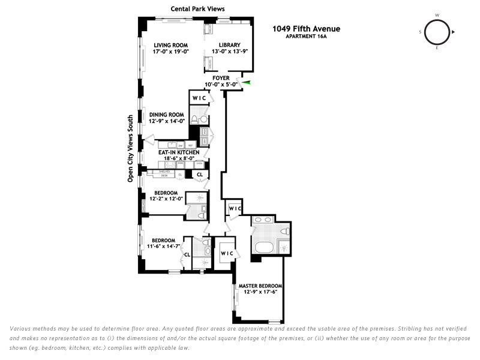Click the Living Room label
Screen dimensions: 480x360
point(171,45)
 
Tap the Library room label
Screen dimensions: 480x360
point(229,45)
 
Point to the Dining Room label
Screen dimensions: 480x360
point(166,115)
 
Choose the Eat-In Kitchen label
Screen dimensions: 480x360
point(179,153)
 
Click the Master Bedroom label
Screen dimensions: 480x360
point(260,286)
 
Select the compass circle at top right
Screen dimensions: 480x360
point(436,32)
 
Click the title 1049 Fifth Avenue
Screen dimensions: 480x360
point(306,28)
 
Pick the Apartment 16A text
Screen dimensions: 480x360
point(306,36)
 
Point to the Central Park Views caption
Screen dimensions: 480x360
point(193,8)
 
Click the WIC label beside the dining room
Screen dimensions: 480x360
point(199,98)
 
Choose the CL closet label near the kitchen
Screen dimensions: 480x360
point(199,175)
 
